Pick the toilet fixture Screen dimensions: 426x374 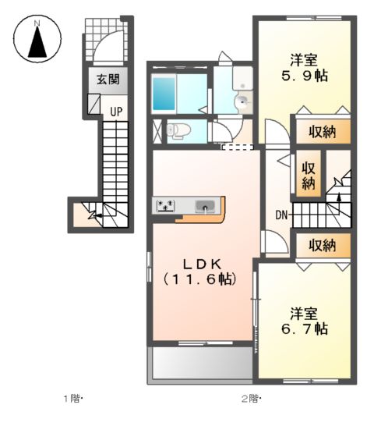point(178,130)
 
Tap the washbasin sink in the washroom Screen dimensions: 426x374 point(242,99)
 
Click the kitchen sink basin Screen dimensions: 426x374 point(206,207)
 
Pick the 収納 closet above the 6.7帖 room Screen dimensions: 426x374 point(320,246)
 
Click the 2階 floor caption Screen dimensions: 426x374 point(251,399)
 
